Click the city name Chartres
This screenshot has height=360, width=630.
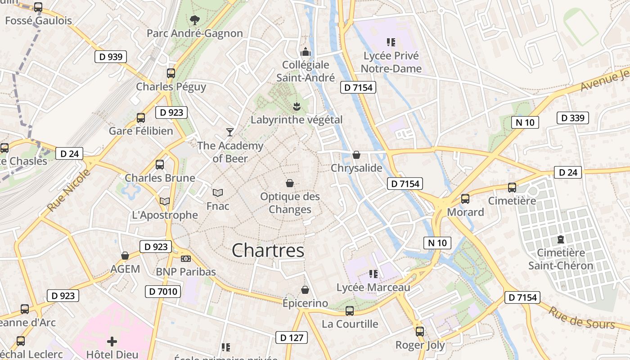(x=268, y=251)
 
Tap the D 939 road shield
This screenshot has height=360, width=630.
(x=111, y=57)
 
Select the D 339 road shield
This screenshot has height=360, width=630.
(x=573, y=118)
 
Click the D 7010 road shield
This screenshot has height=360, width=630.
(x=163, y=292)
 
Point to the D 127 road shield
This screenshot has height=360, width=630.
(x=291, y=337)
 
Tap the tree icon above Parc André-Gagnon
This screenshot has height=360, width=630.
(x=194, y=20)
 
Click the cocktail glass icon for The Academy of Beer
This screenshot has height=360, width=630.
(x=230, y=132)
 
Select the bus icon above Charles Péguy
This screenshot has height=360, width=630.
(x=171, y=73)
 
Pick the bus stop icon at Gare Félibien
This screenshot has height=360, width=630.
(x=141, y=118)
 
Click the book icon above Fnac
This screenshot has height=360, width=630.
(x=218, y=193)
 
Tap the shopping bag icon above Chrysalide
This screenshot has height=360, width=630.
(x=356, y=155)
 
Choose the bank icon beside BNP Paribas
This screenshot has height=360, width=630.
(x=185, y=258)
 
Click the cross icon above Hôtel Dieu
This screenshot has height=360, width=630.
(x=112, y=342)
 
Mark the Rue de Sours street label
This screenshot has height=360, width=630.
(x=581, y=318)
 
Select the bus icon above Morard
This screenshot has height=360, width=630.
(x=465, y=198)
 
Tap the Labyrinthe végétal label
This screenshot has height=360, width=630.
(x=297, y=120)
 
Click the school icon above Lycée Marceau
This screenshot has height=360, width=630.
(x=373, y=274)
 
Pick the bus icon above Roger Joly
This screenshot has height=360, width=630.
(x=420, y=332)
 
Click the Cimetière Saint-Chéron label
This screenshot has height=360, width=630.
(x=561, y=259)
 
